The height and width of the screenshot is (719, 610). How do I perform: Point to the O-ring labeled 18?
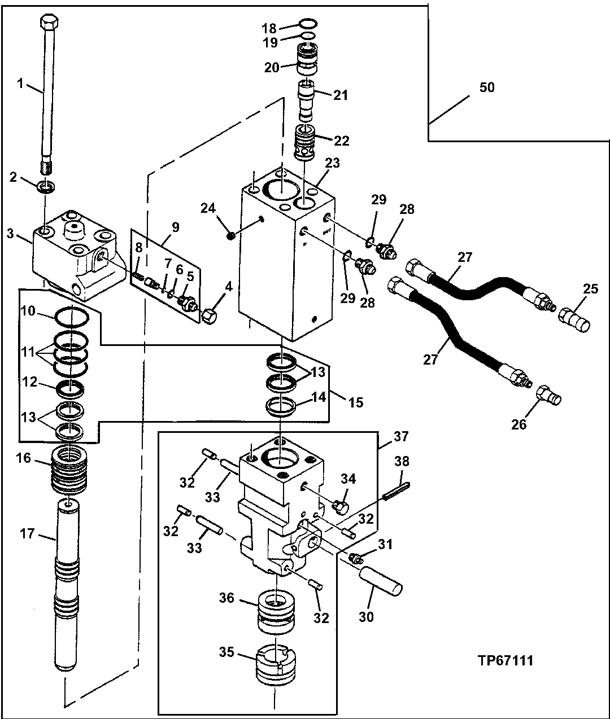(307, 24)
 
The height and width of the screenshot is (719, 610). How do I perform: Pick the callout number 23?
(333, 164)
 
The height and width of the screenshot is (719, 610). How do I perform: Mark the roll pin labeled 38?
(397, 490)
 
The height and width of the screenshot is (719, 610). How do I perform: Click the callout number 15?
(355, 403)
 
